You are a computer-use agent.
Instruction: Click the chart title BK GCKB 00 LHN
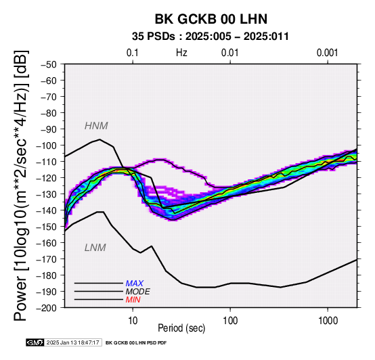coord(211,19)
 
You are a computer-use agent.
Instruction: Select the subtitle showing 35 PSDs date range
coord(211,37)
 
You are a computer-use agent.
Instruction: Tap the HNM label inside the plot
coord(96,126)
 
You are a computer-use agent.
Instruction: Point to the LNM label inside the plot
coord(95,248)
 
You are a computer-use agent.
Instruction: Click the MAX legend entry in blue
coord(135,284)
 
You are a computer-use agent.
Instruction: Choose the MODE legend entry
coord(138,292)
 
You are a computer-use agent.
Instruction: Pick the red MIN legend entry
coord(133,300)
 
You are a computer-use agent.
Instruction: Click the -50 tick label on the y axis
coord(48,64)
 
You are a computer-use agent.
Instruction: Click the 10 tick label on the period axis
coord(133,321)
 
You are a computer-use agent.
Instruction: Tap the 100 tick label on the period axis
coord(230,321)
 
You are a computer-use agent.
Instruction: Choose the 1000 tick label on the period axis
coord(328,321)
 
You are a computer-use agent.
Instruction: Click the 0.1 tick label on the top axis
coord(133,53)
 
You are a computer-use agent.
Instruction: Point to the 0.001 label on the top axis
coord(327,53)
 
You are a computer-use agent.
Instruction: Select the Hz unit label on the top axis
coord(181,53)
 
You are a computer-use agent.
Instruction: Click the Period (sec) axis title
coord(181,328)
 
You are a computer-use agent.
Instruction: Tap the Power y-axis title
coord(21,185)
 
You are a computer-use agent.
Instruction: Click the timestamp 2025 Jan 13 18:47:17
coord(72,342)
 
